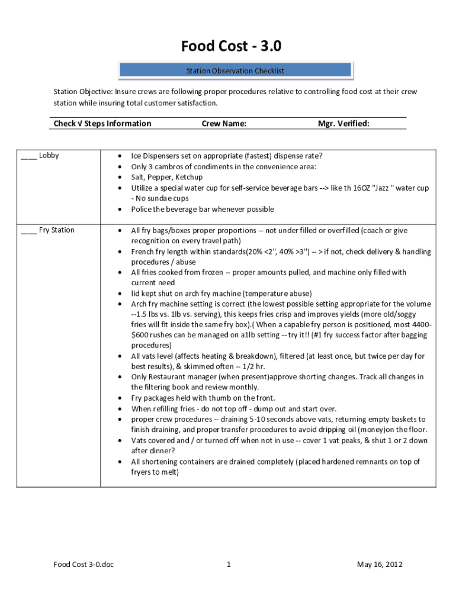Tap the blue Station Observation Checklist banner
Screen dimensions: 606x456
point(235,71)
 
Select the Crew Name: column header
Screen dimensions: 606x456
point(224,124)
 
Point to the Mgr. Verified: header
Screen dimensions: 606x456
point(343,124)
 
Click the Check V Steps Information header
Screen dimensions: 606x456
point(102,124)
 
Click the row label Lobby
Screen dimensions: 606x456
point(49,156)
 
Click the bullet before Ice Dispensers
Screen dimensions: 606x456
point(120,156)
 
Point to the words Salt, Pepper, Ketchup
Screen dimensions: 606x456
point(166,178)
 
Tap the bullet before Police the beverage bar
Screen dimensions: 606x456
point(120,209)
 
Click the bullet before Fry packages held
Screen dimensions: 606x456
point(120,398)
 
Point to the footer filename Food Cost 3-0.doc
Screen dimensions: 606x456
point(84,565)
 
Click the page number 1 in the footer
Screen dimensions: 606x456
point(228,565)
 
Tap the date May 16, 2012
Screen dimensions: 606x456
point(380,565)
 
